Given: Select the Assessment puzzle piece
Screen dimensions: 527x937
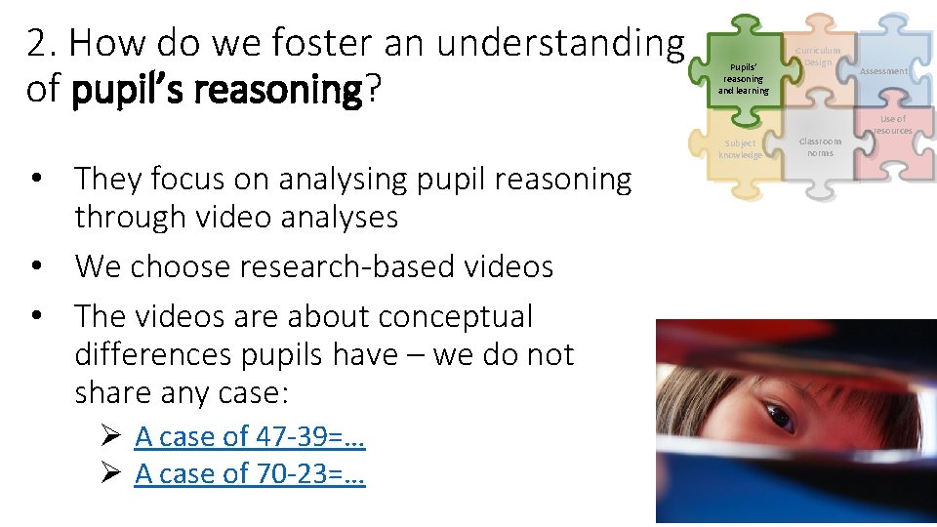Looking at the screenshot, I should tap(882, 71).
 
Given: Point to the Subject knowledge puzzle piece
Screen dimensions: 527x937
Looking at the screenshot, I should tap(741, 149).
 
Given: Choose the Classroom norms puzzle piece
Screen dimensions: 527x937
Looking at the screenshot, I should tap(820, 146).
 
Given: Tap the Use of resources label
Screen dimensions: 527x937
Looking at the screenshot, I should tap(892, 125).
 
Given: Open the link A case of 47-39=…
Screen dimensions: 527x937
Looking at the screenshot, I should tap(250, 436).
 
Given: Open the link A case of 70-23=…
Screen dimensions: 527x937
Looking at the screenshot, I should tap(250, 473).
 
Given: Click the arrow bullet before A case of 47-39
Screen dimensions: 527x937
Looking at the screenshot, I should tap(109, 436).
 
